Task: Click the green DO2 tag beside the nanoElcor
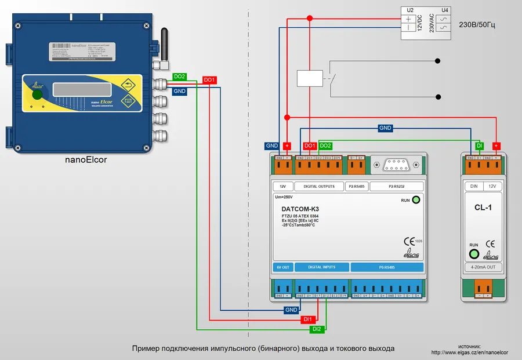coord(180,77)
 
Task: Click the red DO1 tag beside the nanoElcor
coord(209,80)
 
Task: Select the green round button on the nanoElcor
coord(37,94)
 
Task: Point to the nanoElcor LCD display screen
coord(74,90)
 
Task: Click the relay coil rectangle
coord(309,78)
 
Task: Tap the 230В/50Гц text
coord(477,26)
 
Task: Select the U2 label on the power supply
coord(409,10)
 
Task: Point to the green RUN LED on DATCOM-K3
coord(415,200)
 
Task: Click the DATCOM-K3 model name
coord(300,209)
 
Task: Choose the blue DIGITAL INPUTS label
coord(322,267)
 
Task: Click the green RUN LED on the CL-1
coord(474,253)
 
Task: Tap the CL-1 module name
coord(483,207)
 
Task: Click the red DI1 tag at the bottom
coord(309,319)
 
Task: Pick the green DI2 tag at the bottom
coord(317,329)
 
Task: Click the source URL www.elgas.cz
coord(470,352)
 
